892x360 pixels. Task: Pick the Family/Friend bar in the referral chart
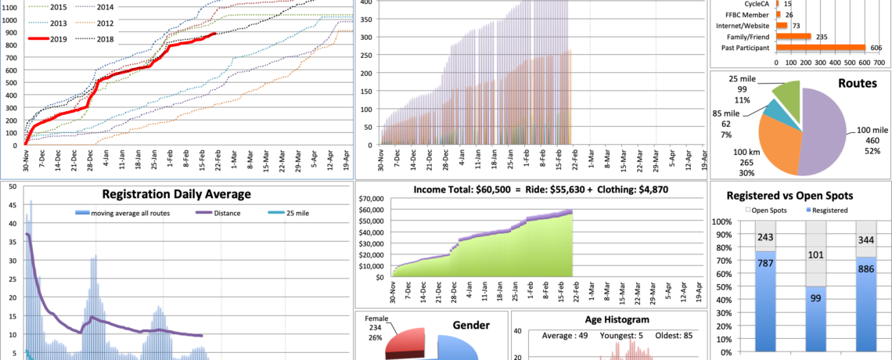[793, 36]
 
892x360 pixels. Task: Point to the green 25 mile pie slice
[787, 99]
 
